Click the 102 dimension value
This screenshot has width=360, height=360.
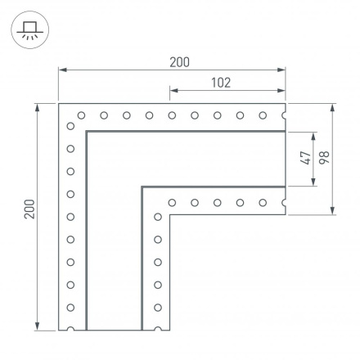[220, 83]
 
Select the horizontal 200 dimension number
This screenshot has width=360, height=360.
[180, 62]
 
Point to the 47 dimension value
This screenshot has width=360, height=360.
[304, 158]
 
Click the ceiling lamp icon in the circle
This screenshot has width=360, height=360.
[29, 29]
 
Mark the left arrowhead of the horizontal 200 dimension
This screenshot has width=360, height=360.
[61, 72]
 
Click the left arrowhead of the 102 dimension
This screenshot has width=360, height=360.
[173, 92]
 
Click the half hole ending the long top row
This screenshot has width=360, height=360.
[284, 115]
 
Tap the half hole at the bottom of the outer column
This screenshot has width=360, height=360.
[71, 329]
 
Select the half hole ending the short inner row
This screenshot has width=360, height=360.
[284, 201]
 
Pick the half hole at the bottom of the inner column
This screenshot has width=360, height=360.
[156, 329]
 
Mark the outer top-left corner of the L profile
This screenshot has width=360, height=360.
[59, 104]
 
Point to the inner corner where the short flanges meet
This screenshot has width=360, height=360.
[169, 214]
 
